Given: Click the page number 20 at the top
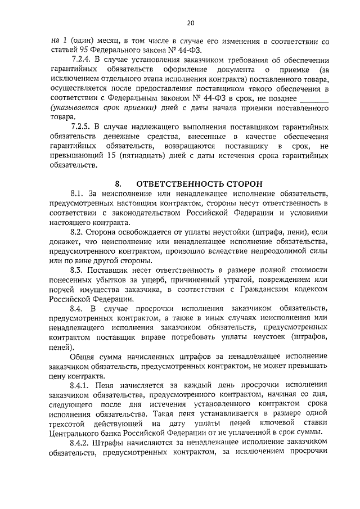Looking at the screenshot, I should point(191,23).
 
